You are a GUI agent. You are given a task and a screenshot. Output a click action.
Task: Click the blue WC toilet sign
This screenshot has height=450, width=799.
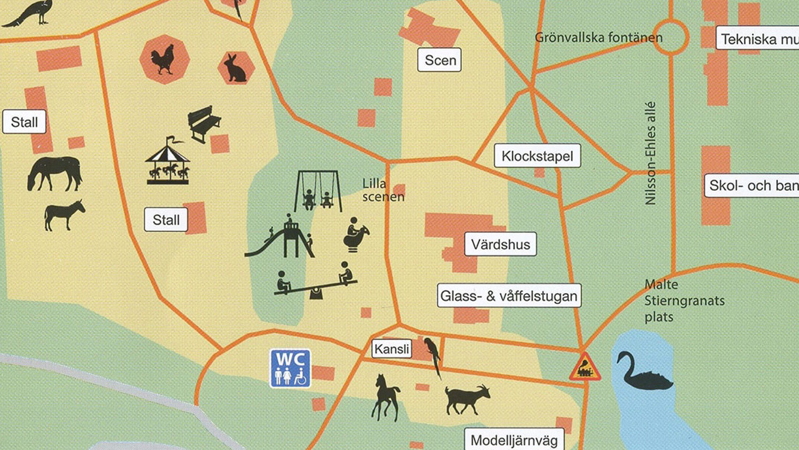coord(290,368)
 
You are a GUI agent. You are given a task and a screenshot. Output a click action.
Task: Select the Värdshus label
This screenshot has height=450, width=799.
coord(500,244)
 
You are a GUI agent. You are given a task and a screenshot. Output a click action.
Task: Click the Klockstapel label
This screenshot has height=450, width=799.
coord(537,156)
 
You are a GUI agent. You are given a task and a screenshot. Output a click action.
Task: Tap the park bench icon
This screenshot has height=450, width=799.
coord(203,123)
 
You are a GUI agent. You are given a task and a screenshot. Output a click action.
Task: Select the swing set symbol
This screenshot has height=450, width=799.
coord(318,191)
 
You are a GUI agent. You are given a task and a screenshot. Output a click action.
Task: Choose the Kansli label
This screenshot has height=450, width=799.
coord(392,349)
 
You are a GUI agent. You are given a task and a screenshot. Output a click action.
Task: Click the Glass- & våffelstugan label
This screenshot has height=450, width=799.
coord(509,296)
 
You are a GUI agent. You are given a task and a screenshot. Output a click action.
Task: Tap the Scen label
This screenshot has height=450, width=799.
coord(439,60)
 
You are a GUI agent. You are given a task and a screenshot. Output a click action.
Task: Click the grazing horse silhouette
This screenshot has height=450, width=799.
coord(55,173)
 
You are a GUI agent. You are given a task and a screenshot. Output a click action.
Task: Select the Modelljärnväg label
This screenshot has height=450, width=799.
coord(514,440)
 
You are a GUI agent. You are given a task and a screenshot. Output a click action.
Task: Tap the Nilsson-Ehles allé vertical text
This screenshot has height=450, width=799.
coord(650,153)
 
